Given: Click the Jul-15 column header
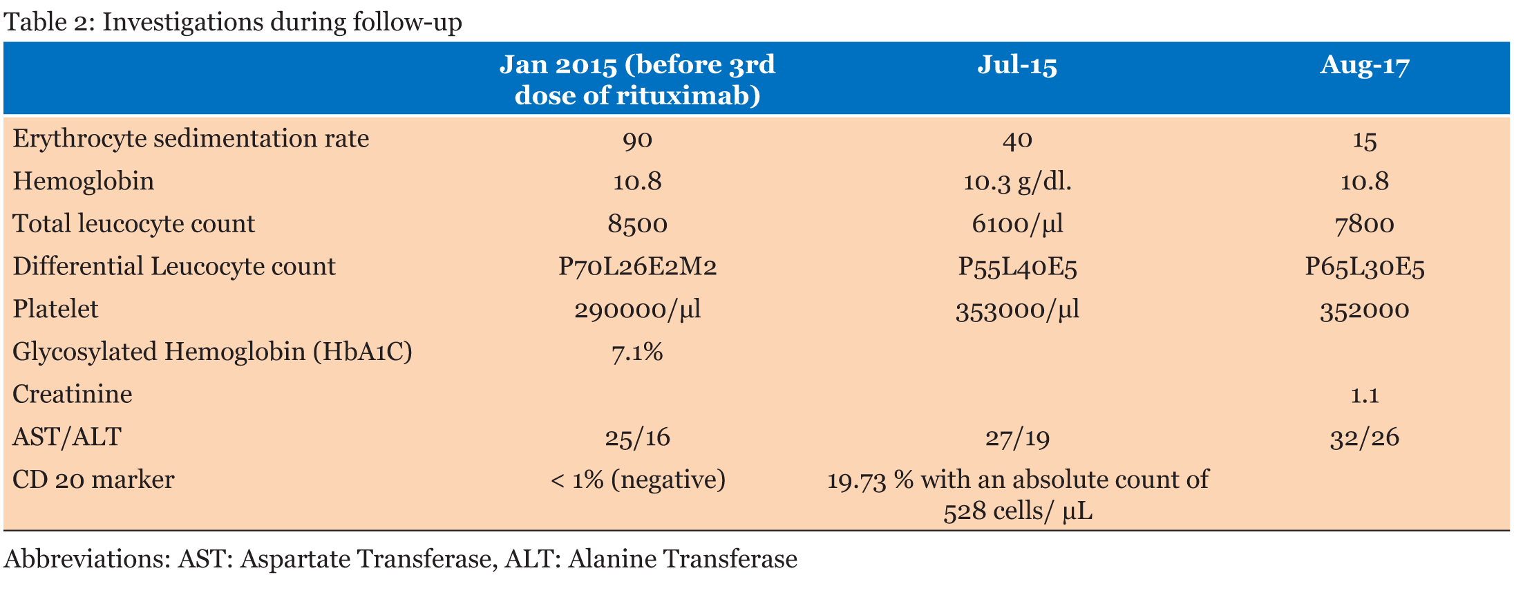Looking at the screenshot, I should point(1016,66).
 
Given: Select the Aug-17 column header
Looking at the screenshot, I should point(1364,66).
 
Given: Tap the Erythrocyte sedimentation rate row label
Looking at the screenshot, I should point(191,139).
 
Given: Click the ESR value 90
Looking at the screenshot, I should point(637,140).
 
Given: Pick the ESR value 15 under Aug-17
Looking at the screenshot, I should point(1364,141).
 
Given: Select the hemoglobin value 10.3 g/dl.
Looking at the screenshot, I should point(1016,182).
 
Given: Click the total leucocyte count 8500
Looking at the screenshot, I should point(637,225).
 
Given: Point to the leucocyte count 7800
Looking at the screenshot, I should point(1364,225).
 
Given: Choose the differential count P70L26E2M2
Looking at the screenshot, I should point(637,267).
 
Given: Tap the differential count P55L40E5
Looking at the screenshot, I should point(1016,267).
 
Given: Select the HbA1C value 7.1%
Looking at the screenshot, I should point(637,352).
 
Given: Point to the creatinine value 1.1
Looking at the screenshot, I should point(1364,395).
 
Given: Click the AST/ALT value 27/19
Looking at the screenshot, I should point(1016,438).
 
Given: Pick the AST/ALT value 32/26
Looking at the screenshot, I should point(1364,438).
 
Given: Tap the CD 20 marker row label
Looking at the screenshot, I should point(93,480).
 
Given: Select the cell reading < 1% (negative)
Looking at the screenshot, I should point(637,480).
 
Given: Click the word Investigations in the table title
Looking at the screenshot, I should point(183,22).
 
